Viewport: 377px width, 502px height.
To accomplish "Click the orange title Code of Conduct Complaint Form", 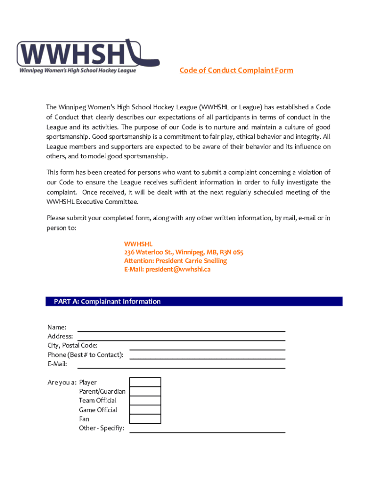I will [x=236, y=70].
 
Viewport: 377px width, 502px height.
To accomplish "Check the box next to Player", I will [x=145, y=382].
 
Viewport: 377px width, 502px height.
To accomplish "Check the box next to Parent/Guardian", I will [x=145, y=391].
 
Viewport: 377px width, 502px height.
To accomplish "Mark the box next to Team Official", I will [x=145, y=401].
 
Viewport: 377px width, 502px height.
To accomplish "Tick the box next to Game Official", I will [x=145, y=410].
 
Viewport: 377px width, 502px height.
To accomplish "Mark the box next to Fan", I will [x=145, y=419].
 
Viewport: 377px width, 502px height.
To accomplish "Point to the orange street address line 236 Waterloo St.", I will [x=184, y=252].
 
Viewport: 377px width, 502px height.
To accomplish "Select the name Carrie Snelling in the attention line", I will [x=206, y=261].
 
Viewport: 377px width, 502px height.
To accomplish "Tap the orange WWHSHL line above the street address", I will [x=138, y=243].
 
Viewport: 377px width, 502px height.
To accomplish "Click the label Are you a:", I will [x=62, y=382].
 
